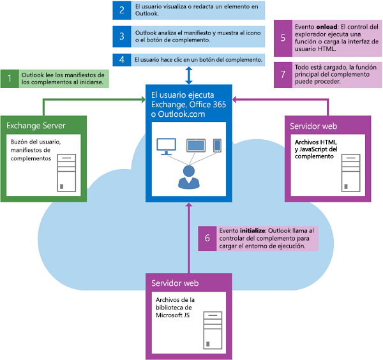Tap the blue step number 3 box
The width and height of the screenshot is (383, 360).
121,36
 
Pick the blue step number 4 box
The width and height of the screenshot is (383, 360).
121,59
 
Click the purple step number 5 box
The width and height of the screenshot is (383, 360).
282,38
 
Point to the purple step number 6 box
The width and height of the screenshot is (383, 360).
207,237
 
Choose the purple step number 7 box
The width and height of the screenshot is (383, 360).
282,73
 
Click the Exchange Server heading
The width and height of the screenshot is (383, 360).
33,124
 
